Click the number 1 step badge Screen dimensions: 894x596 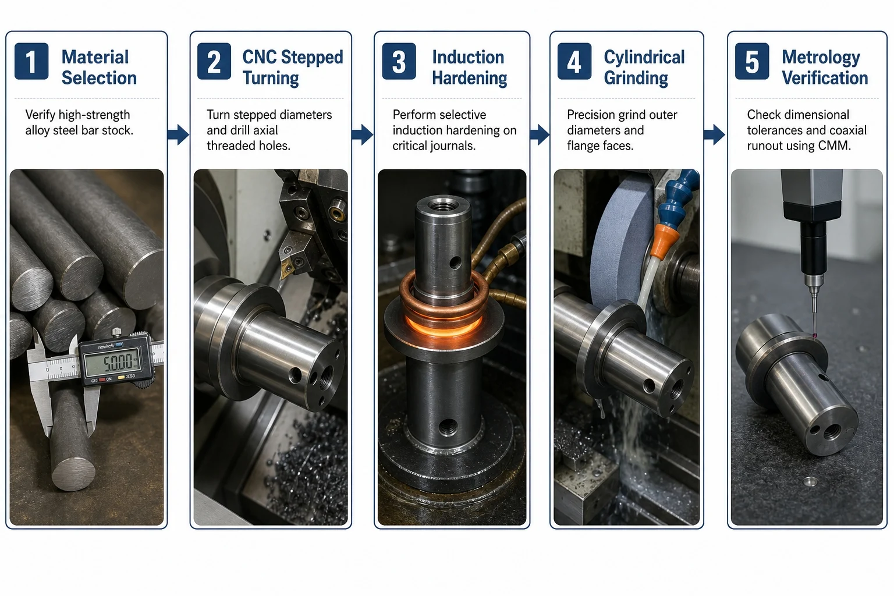(x=31, y=61)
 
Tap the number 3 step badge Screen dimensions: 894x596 (x=399, y=61)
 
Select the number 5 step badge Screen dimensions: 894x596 (x=752, y=61)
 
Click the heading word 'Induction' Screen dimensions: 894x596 (x=468, y=57)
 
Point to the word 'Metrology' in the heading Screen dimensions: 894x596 (x=821, y=58)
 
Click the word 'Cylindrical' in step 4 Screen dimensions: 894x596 (x=644, y=58)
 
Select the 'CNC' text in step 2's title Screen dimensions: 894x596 (x=260, y=57)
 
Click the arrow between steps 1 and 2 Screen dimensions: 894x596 (x=178, y=134)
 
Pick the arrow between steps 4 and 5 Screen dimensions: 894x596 (x=714, y=134)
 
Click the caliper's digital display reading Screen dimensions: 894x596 (x=113, y=362)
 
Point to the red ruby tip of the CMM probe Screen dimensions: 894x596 (x=815, y=336)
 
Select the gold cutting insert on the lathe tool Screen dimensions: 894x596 (x=287, y=269)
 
